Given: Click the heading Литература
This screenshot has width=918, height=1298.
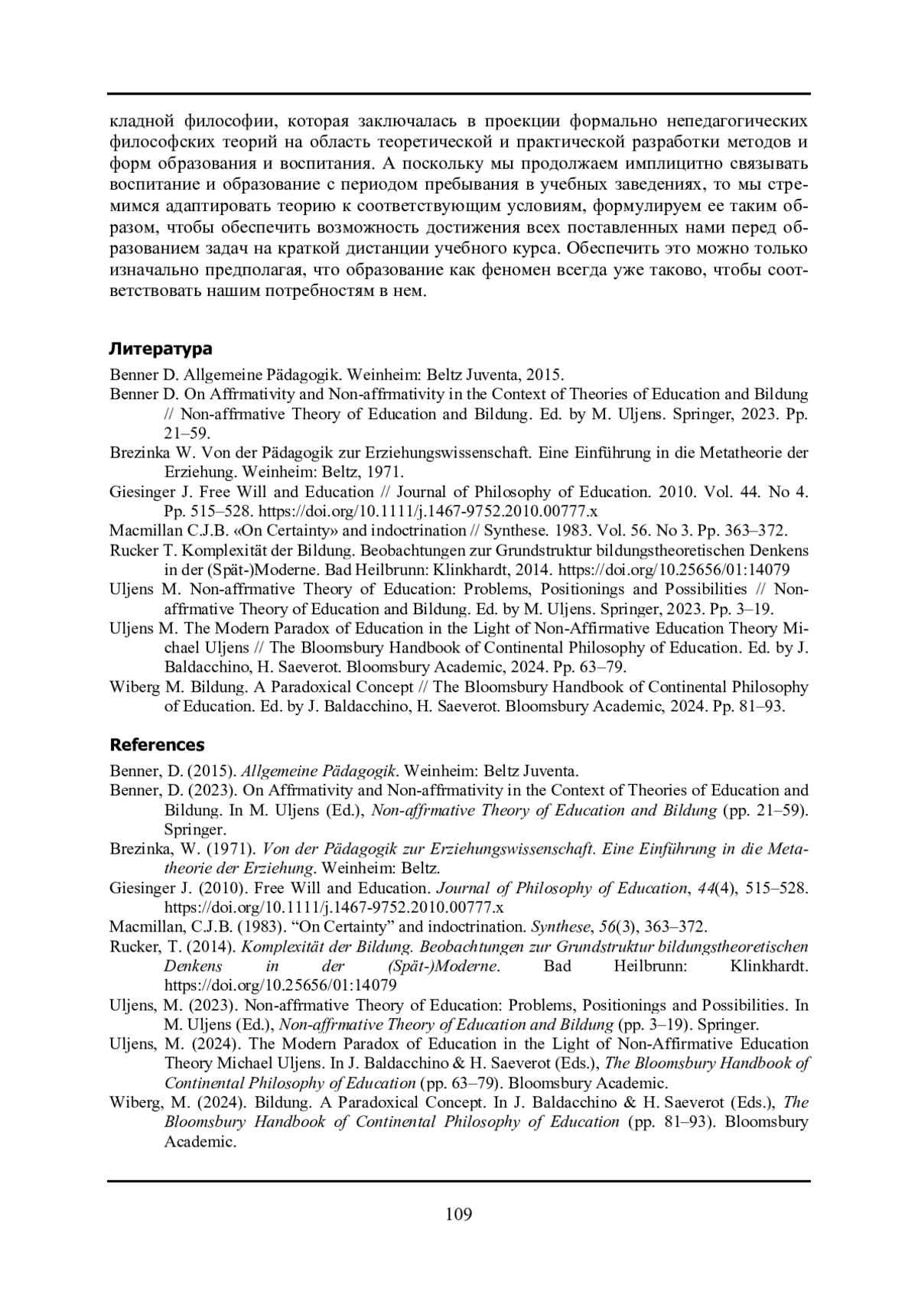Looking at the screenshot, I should [161, 350].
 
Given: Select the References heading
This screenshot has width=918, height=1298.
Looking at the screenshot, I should [158, 745].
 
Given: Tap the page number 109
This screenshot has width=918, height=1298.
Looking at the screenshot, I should [459, 1214].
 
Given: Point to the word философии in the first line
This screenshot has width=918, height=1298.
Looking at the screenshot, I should [224, 122].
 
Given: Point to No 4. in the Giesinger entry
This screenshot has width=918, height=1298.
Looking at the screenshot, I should [788, 492].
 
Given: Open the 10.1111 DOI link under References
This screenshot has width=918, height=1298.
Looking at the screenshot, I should [334, 908].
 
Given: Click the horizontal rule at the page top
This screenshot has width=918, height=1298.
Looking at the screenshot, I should [459, 93].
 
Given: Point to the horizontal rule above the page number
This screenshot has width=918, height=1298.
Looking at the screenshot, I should [459, 1181].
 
